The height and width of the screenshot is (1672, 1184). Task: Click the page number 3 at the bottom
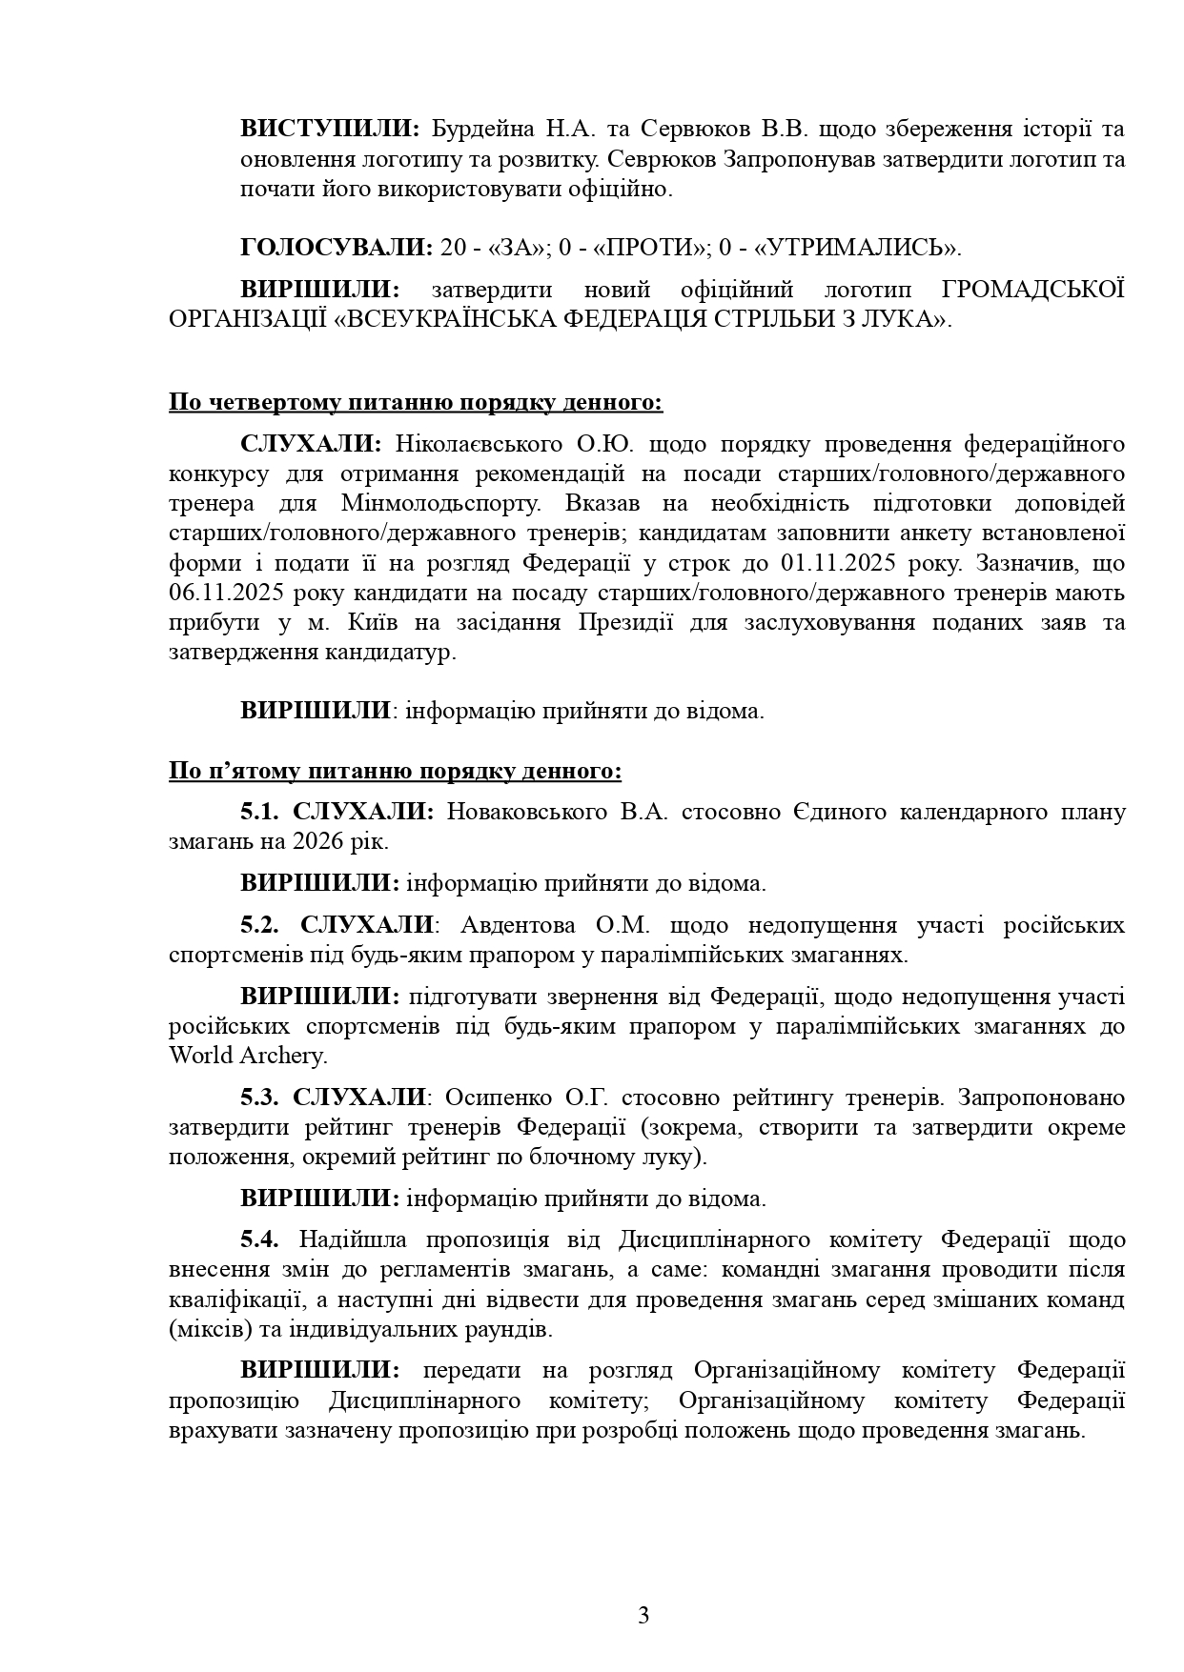coord(643,1615)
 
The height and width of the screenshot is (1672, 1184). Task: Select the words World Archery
coord(247,1056)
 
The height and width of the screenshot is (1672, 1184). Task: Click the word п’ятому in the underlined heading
coord(250,771)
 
